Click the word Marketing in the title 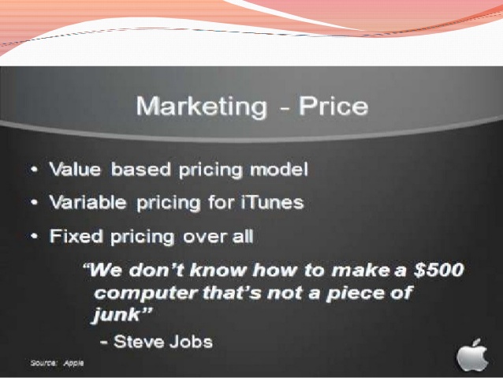(x=202, y=107)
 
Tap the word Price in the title (x=333, y=106)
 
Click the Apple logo (x=472, y=356)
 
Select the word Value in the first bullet (x=75, y=169)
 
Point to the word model (x=279, y=169)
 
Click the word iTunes (x=272, y=202)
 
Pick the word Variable (x=88, y=202)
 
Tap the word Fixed (x=76, y=236)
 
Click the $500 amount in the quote (x=438, y=269)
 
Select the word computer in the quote (x=146, y=294)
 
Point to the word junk (x=116, y=315)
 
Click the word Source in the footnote (x=43, y=363)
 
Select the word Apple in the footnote (x=73, y=363)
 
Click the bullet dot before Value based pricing (x=35, y=169)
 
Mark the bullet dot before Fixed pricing (x=35, y=237)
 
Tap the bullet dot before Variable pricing (x=35, y=203)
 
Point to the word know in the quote (x=217, y=269)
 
